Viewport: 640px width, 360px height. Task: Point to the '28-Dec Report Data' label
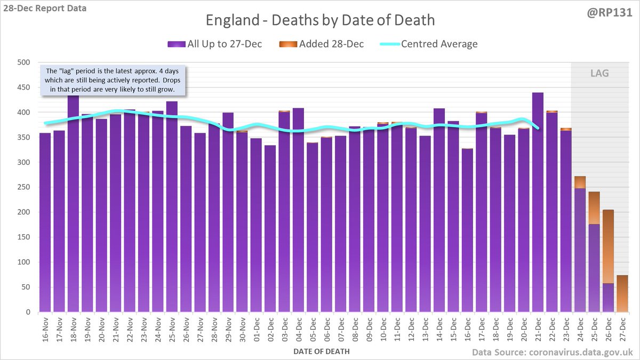pos(44,9)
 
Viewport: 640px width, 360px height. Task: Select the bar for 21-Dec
pos(537,203)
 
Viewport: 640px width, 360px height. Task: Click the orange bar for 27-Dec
pos(621,293)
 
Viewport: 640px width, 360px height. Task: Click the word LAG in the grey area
pos(599,73)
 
